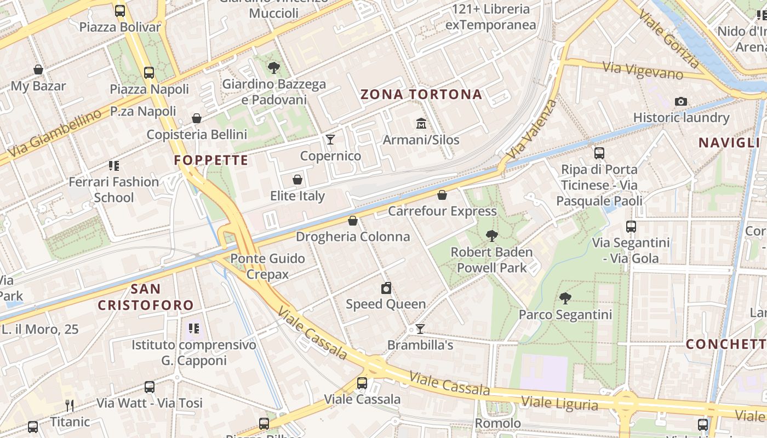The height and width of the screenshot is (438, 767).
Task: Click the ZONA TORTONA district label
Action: [421, 95]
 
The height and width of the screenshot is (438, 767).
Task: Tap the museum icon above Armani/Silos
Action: [421, 123]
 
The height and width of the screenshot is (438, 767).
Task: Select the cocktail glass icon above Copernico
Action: [330, 140]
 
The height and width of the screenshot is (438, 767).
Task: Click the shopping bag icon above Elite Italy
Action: [297, 180]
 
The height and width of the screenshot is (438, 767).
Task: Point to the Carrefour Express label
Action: [442, 211]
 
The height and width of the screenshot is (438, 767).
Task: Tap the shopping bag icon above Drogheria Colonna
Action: [353, 221]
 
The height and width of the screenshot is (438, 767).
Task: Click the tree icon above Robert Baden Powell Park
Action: [491, 236]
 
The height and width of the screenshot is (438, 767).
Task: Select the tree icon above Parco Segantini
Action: [565, 298]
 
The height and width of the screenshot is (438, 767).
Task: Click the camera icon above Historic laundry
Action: [681, 101]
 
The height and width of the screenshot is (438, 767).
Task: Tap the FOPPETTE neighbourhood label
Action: [211, 160]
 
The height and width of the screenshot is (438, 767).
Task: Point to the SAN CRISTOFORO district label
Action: [146, 297]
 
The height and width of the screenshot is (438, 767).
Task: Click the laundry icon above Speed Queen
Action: [386, 288]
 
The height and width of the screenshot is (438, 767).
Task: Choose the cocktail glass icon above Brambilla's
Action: [420, 329]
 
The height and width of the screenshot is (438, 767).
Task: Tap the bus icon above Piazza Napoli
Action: [148, 72]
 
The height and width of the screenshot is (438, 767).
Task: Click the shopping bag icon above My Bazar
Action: [38, 70]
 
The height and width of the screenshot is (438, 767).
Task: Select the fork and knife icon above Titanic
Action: [70, 406]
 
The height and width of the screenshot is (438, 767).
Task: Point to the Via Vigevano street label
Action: [643, 71]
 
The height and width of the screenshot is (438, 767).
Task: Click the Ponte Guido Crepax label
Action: [267, 266]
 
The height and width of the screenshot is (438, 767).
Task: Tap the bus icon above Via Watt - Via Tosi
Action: [149, 387]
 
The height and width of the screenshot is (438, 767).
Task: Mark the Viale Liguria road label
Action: [559, 404]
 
